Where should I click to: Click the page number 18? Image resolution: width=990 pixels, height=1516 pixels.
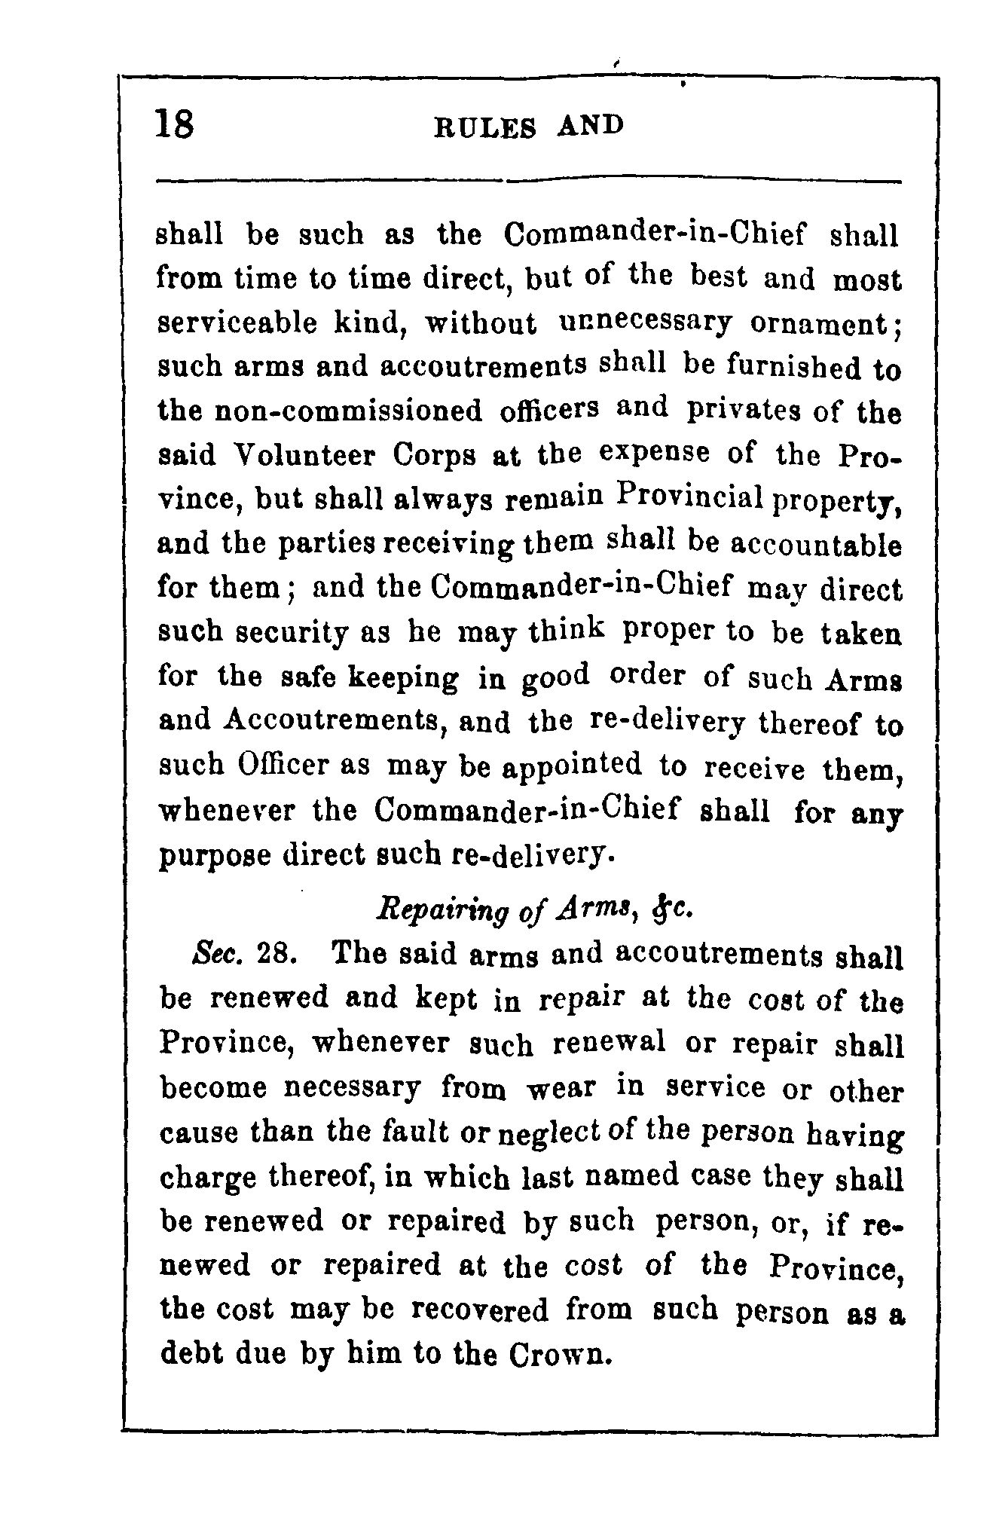174,124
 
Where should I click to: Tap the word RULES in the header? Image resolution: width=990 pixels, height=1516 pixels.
486,127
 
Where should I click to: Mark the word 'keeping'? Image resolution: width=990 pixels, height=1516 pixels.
403,678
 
